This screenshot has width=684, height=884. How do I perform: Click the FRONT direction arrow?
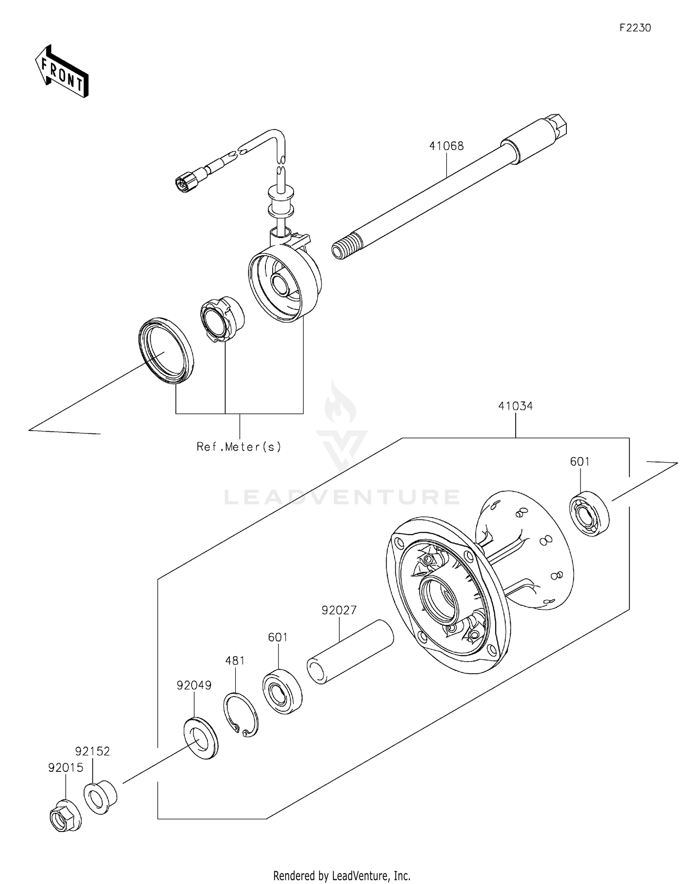(x=62, y=72)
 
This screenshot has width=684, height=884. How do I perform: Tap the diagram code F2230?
(x=635, y=28)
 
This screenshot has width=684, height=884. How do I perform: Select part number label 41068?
(x=446, y=146)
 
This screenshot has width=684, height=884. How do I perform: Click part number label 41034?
(x=515, y=406)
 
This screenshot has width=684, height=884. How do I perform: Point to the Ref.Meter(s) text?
(x=238, y=447)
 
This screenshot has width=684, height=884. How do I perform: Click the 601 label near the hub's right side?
(x=580, y=462)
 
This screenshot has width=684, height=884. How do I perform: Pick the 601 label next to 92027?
(x=278, y=637)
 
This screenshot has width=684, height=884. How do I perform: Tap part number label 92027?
(x=339, y=610)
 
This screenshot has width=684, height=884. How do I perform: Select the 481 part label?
(x=235, y=660)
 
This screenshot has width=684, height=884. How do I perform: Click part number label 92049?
(x=194, y=685)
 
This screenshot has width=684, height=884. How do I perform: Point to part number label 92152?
(x=93, y=751)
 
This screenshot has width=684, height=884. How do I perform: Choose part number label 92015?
(x=66, y=768)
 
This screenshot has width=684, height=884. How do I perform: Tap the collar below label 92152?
(x=100, y=798)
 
